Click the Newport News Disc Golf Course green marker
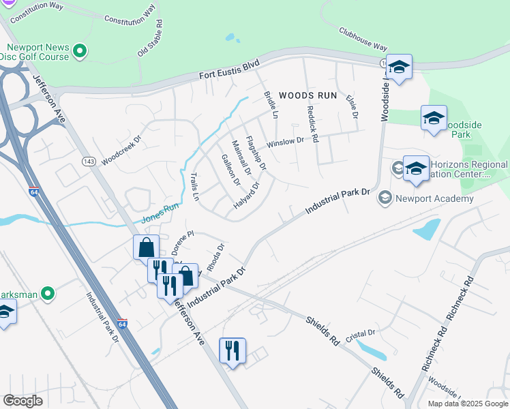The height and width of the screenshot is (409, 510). (80, 50)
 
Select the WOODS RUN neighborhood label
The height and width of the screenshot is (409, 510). (308, 95)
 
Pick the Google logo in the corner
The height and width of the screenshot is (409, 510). (22, 400)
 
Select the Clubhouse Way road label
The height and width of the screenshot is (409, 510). (363, 39)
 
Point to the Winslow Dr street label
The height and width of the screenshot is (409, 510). (285, 142)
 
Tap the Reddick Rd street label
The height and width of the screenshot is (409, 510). (312, 123)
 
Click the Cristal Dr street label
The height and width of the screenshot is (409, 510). (361, 333)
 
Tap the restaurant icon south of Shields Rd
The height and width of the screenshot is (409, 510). (232, 351)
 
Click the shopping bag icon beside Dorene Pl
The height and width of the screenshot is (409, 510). (147, 247)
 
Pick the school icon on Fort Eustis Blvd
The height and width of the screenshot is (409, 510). (399, 67)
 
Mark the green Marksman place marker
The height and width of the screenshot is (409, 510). (47, 294)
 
